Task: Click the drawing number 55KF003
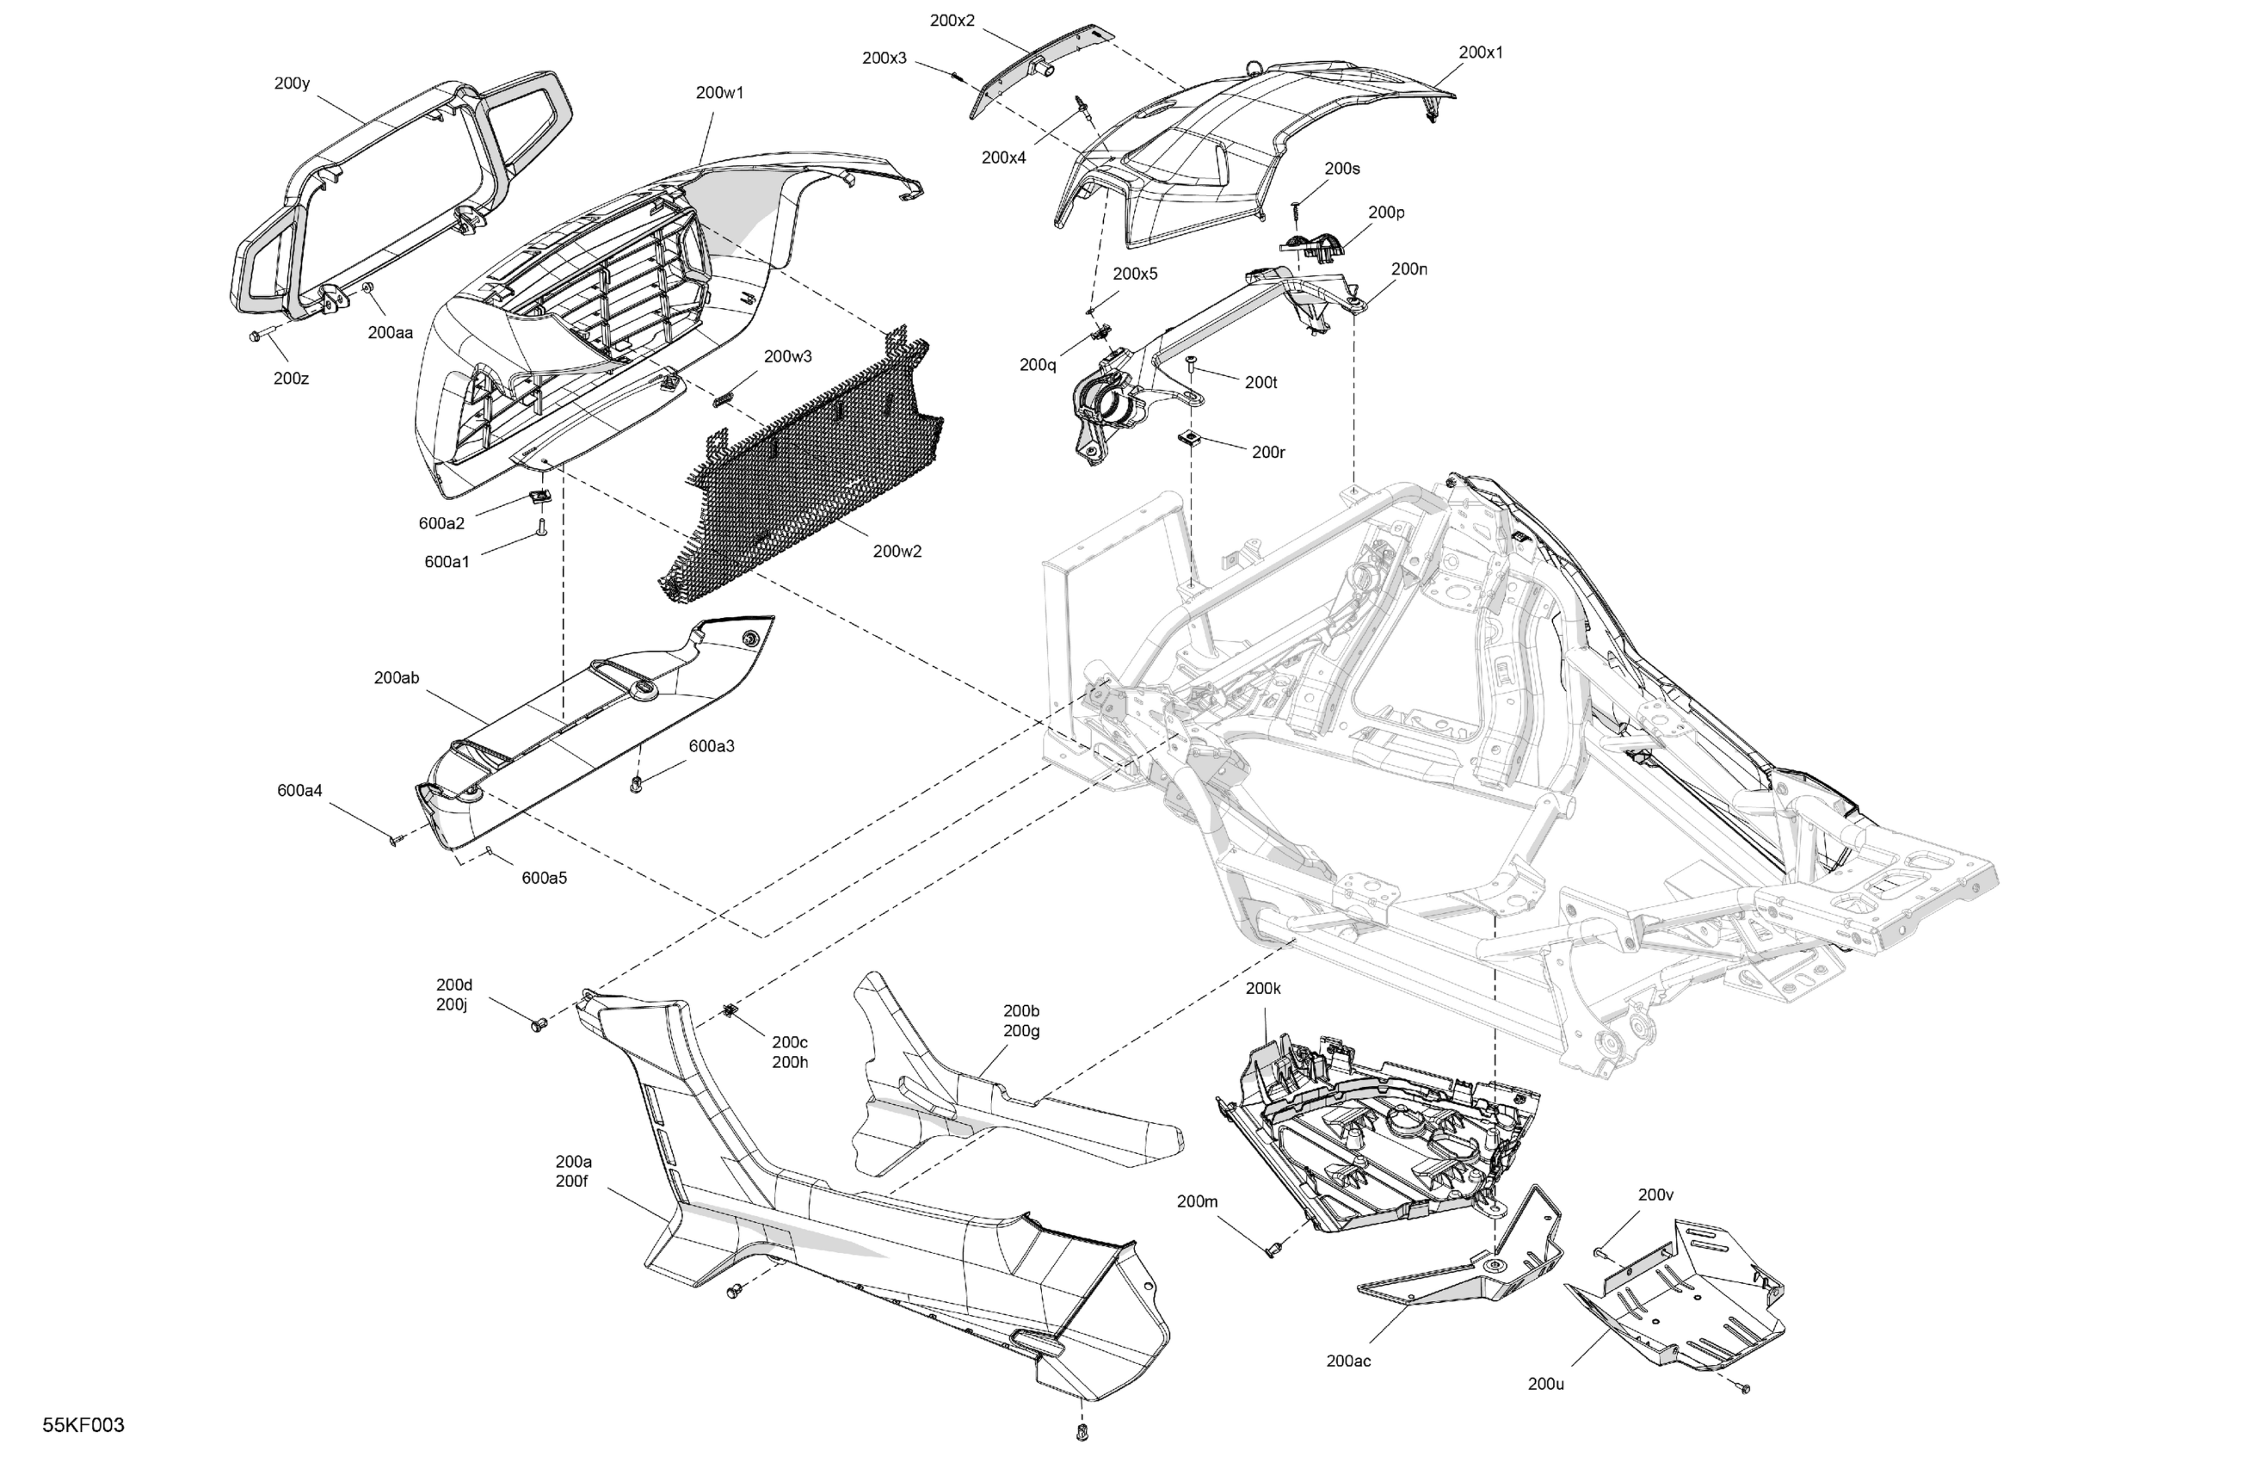point(83,1425)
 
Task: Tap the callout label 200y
point(292,83)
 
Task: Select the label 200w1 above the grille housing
point(719,93)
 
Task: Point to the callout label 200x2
point(952,21)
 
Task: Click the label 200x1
point(1480,53)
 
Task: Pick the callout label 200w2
point(897,551)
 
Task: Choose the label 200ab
point(397,678)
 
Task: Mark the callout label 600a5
point(544,878)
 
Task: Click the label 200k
point(1262,988)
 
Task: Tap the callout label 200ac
point(1348,1361)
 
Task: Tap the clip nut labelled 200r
point(1187,437)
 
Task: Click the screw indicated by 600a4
point(397,840)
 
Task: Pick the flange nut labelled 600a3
point(636,784)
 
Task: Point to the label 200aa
point(391,333)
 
